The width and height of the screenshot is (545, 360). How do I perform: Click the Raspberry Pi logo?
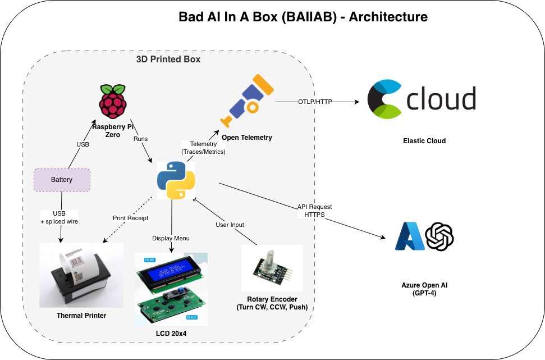(x=113, y=102)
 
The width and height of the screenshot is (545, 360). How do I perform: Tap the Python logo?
(x=176, y=180)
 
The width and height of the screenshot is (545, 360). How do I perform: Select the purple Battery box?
(x=62, y=180)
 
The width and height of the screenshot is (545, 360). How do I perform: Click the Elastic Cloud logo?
(x=422, y=99)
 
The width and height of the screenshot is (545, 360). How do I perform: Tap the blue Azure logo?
(x=409, y=236)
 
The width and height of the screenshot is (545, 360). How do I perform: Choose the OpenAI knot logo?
(x=439, y=236)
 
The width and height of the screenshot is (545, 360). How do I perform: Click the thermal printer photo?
(x=81, y=275)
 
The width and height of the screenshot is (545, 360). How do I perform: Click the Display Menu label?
(x=171, y=238)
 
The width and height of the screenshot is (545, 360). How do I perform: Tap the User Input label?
(x=230, y=225)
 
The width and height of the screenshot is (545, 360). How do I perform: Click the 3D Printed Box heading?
(x=168, y=59)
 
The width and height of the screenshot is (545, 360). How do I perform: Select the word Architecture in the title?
(x=388, y=17)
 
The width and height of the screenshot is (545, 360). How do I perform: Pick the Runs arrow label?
(x=140, y=138)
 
